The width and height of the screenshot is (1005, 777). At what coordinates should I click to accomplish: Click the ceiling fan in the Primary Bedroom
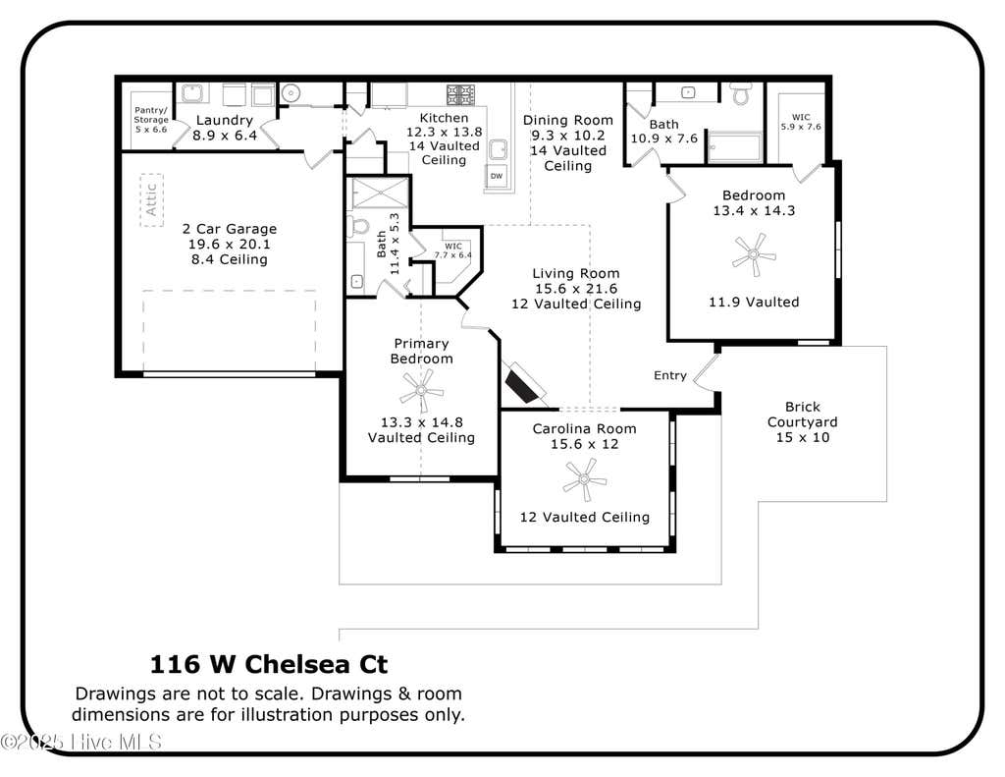[x=421, y=390]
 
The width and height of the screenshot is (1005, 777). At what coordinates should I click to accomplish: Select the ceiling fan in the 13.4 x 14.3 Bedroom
[x=755, y=254]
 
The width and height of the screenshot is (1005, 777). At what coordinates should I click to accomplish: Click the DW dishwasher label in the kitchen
[x=497, y=176]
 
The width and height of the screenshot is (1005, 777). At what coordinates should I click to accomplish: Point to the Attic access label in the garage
[x=152, y=200]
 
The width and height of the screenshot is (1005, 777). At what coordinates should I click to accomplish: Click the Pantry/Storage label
[x=151, y=119]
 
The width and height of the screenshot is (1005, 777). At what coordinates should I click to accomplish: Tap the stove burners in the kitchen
[x=460, y=94]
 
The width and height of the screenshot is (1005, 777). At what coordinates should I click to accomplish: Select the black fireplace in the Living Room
[x=522, y=383]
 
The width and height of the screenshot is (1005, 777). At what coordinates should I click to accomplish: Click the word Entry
[x=669, y=375]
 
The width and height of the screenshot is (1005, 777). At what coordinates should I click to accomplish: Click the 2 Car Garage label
[x=230, y=229]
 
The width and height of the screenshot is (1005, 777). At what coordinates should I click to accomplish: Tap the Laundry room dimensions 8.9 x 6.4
[x=225, y=136]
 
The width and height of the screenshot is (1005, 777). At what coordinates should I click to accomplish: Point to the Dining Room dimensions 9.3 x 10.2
[x=568, y=136]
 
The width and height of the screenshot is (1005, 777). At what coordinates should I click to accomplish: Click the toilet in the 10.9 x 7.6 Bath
[x=742, y=93]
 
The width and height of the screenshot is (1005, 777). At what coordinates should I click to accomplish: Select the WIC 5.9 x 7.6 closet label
[x=801, y=122]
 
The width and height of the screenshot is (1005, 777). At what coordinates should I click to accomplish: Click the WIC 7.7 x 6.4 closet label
[x=453, y=250]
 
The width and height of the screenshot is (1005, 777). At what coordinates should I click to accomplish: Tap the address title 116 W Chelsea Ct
[x=269, y=664]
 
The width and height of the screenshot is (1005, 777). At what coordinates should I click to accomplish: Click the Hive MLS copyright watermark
[x=81, y=743]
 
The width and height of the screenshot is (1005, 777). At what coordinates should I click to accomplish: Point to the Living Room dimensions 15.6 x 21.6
[x=576, y=289]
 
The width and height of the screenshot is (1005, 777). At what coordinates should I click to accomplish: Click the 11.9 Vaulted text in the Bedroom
[x=754, y=303]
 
